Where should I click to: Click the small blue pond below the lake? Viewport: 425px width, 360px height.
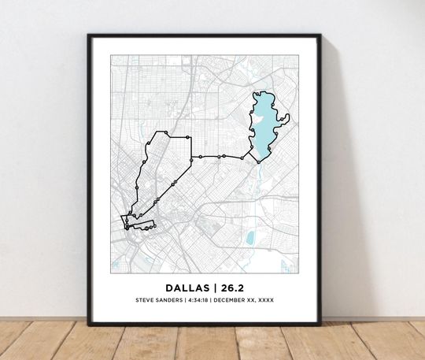click(250, 236)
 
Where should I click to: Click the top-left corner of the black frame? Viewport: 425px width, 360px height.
click(89, 35)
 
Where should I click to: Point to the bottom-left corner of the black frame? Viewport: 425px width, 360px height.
click(89, 324)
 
